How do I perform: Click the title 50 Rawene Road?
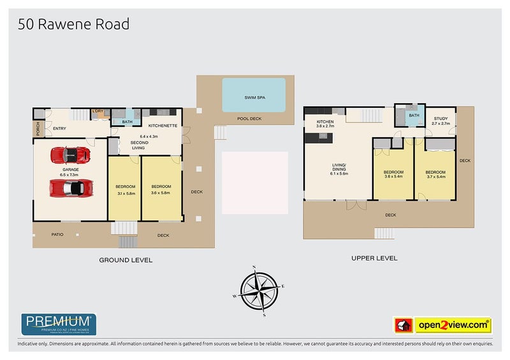pyautogui.click(x=74, y=25)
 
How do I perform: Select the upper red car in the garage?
pyautogui.click(x=70, y=155)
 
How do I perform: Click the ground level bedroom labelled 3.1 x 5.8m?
pyautogui.click(x=124, y=189)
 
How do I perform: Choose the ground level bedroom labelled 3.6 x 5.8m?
pyautogui.click(x=161, y=189)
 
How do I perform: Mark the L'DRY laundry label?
pyautogui.click(x=98, y=112)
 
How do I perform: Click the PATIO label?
pyautogui.click(x=58, y=234)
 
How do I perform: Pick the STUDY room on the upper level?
pyautogui.click(x=441, y=121)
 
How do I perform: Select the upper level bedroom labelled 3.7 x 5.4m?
pyautogui.click(x=436, y=175)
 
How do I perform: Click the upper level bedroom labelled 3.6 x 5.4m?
pyautogui.click(x=393, y=175)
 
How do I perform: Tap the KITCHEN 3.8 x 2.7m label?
pyautogui.click(x=326, y=124)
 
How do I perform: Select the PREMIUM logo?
pyautogui.click(x=59, y=324)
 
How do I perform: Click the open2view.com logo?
pyautogui.click(x=453, y=325)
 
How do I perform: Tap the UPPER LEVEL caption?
pyautogui.click(x=375, y=258)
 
